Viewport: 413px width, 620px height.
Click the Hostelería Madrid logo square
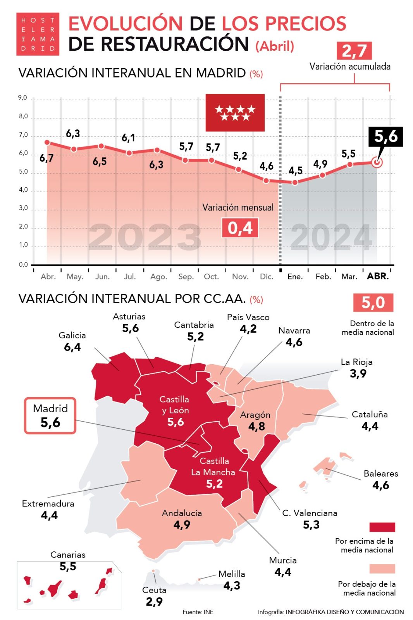38,34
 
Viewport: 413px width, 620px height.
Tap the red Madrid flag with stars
235,112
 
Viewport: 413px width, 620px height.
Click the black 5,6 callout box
385,136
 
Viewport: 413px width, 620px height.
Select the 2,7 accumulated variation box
354,51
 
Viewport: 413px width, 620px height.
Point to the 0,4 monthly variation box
240,228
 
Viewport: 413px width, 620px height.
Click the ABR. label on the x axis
378,276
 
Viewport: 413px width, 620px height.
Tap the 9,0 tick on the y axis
23,98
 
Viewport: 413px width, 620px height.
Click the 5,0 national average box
373,303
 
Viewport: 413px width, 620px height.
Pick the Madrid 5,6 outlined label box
50,415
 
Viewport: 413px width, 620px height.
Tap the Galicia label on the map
72,335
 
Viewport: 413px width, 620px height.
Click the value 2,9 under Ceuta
154,602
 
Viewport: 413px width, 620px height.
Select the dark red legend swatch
382,527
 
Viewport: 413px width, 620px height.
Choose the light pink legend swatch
382,568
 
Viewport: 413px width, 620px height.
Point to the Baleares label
381,474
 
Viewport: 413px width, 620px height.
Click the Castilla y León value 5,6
176,422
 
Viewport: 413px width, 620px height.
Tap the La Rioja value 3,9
358,374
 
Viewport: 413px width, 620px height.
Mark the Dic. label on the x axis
267,277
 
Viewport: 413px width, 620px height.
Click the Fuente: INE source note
198,612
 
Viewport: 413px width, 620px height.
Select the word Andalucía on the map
182,513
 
